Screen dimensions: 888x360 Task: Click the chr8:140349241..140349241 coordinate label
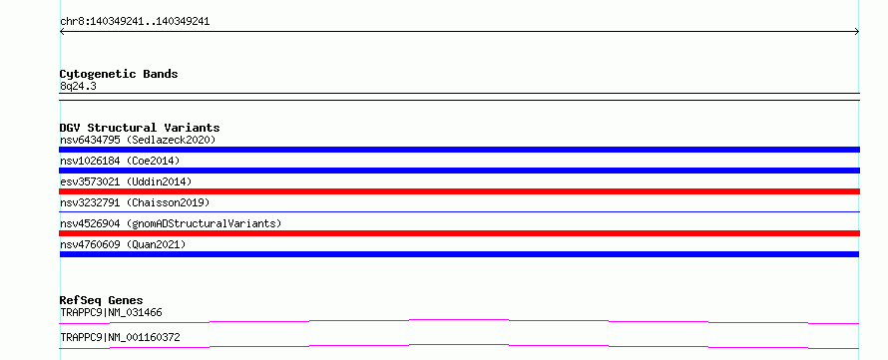[x=135, y=22]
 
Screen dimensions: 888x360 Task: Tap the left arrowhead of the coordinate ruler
[x=61, y=32]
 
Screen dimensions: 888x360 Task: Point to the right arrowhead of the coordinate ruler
[x=857, y=32]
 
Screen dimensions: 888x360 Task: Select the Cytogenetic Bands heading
[x=119, y=74]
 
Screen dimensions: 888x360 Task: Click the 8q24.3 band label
[x=78, y=87]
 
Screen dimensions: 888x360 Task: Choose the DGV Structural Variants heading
[x=140, y=128]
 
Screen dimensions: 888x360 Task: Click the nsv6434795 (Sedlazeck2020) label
[x=138, y=140]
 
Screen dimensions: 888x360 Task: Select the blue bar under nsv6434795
[x=459, y=150]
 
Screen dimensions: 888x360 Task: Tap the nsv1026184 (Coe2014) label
[x=120, y=161]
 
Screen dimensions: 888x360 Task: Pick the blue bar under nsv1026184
[x=459, y=171]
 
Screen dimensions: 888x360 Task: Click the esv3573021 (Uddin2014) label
[x=126, y=181]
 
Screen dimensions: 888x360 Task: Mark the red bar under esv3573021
[x=459, y=191]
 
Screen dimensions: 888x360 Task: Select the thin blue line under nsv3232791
[x=459, y=211]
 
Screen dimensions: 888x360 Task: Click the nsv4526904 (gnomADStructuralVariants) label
[x=171, y=223]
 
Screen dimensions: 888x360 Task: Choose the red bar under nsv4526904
[x=459, y=233]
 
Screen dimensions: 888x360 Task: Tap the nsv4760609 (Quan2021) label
[x=123, y=244]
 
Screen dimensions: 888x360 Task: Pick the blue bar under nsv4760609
[x=459, y=254]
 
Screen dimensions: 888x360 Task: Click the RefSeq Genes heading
[x=102, y=300]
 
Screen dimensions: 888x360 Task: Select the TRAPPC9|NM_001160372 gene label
[x=120, y=337]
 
